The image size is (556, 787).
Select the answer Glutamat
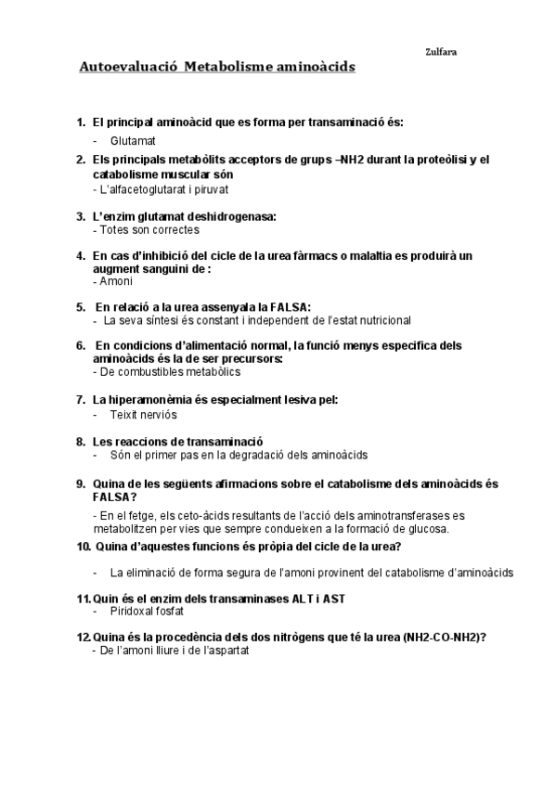(132, 140)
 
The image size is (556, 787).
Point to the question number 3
(80, 216)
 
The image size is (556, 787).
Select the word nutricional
(376, 320)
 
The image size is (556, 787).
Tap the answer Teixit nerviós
(143, 415)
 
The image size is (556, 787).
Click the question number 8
(80, 441)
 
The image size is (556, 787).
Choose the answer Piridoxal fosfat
(147, 612)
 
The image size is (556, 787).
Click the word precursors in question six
(247, 358)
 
